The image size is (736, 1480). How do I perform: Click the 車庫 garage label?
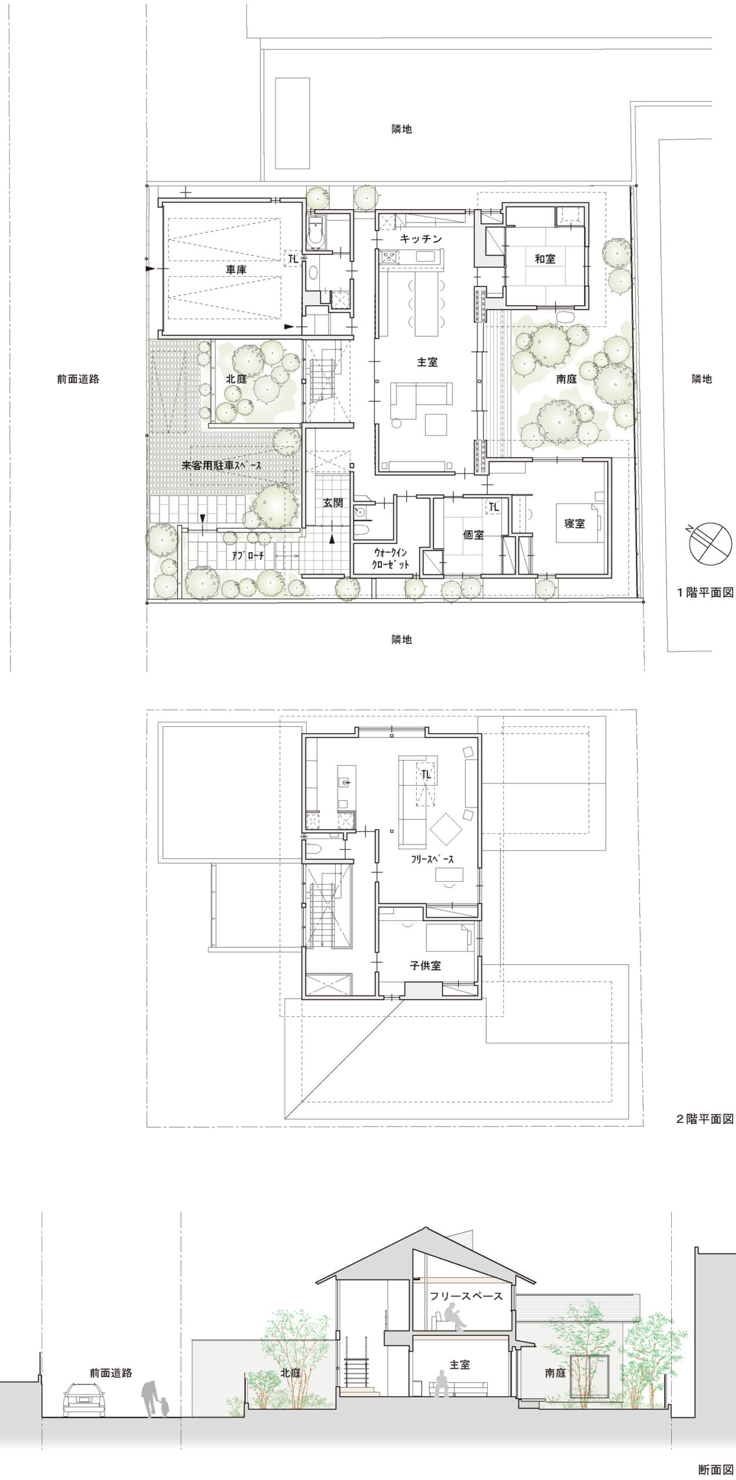point(236,269)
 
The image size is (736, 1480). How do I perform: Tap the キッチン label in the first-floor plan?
point(421,239)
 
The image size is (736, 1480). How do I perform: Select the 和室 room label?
point(544,259)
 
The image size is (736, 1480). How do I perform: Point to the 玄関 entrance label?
point(333,503)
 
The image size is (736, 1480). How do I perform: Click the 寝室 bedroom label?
point(575,524)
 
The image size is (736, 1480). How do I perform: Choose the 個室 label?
point(473,535)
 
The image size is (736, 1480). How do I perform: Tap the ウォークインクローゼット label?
point(391,559)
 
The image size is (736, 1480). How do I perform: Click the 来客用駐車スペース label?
point(222,465)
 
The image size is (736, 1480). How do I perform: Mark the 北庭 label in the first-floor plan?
point(236,380)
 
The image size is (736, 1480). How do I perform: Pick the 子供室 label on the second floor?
point(425,965)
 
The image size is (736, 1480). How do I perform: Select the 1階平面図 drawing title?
point(705,593)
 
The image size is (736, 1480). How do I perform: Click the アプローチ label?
point(248,556)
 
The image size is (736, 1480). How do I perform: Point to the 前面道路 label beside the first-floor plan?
point(78,379)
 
